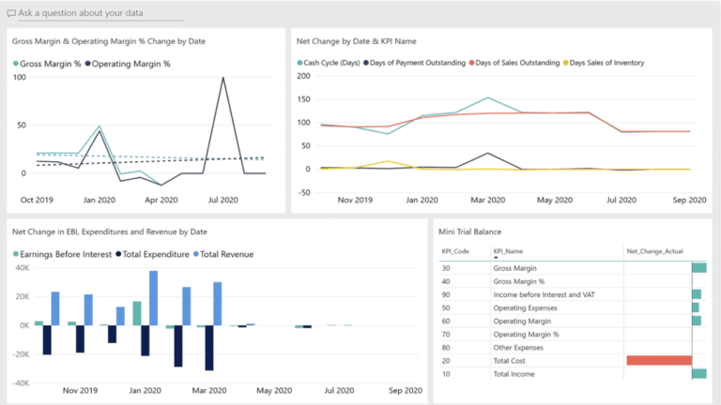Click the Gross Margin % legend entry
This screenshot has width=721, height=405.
pos(47,64)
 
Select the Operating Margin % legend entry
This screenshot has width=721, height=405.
pos(131,64)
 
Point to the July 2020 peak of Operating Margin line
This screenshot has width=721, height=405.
pos(223,79)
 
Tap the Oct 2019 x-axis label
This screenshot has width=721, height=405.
pos(38,199)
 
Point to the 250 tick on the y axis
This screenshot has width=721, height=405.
pos(302,76)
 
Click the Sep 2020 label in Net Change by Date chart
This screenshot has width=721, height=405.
pos(688,199)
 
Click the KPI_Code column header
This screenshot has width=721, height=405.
pos(455,252)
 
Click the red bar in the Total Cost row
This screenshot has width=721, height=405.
pos(659,360)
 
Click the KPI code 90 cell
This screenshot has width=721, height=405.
pos(448,294)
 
